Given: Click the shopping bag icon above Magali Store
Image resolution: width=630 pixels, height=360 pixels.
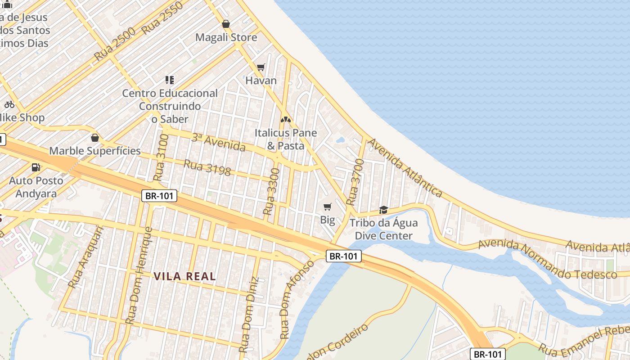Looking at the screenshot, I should [226, 24].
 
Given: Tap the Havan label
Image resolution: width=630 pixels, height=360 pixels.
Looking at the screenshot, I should [261, 81].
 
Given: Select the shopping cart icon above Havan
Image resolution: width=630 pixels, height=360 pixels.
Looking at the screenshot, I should [261, 67].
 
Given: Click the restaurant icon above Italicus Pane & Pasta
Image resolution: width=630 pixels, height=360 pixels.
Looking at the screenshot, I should [285, 120].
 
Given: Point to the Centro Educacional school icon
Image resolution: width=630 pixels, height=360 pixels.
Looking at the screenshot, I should [170, 80].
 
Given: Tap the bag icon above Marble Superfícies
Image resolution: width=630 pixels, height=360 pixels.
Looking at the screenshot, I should [94, 138].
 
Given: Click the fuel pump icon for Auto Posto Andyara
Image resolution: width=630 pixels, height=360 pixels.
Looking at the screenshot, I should [36, 167].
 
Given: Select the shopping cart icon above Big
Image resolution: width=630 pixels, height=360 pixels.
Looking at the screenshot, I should [328, 207].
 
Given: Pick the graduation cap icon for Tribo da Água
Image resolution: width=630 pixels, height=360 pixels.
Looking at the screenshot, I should [383, 210].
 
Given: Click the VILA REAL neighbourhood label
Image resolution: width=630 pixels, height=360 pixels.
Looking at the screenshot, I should [185, 276].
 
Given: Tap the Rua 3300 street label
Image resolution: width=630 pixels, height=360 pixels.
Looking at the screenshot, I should [272, 191].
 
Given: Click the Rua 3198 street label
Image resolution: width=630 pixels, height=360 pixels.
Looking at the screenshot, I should [207, 168].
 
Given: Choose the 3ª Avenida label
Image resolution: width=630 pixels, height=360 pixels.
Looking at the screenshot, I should [219, 143].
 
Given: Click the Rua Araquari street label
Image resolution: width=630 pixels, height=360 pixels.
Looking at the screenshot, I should [86, 256].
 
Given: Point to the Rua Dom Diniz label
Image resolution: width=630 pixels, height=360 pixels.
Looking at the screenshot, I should [249, 315].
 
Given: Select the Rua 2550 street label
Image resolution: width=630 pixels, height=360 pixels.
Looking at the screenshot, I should [162, 18].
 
